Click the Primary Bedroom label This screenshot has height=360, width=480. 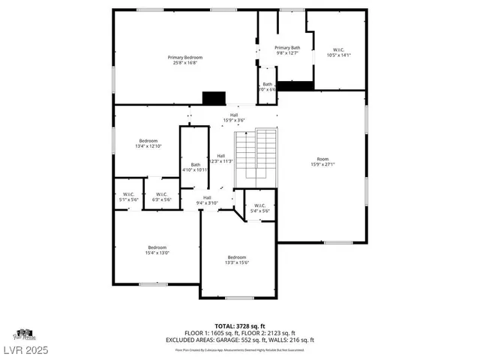coord(185,60)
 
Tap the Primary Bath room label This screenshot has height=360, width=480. coord(286,50)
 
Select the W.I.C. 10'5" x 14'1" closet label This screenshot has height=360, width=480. coord(339,52)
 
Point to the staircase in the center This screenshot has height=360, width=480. coord(256,158)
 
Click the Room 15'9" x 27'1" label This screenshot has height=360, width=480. coord(322,161)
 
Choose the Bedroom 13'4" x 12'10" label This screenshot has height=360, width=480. coord(148,143)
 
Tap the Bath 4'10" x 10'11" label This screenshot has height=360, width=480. coord(195,167)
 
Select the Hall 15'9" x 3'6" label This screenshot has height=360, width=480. coord(234,118)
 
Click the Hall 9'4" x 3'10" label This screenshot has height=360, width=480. coord(207,200)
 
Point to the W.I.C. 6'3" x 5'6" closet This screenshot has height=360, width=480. coord(162,197)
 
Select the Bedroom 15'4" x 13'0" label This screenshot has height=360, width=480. coord(157,250)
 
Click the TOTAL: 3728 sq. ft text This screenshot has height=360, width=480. coord(240,326)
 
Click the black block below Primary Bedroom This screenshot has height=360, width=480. coord(214,98)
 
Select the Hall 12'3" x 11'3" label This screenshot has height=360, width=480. coord(221,158)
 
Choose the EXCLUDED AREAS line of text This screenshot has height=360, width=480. coord(240,340)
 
